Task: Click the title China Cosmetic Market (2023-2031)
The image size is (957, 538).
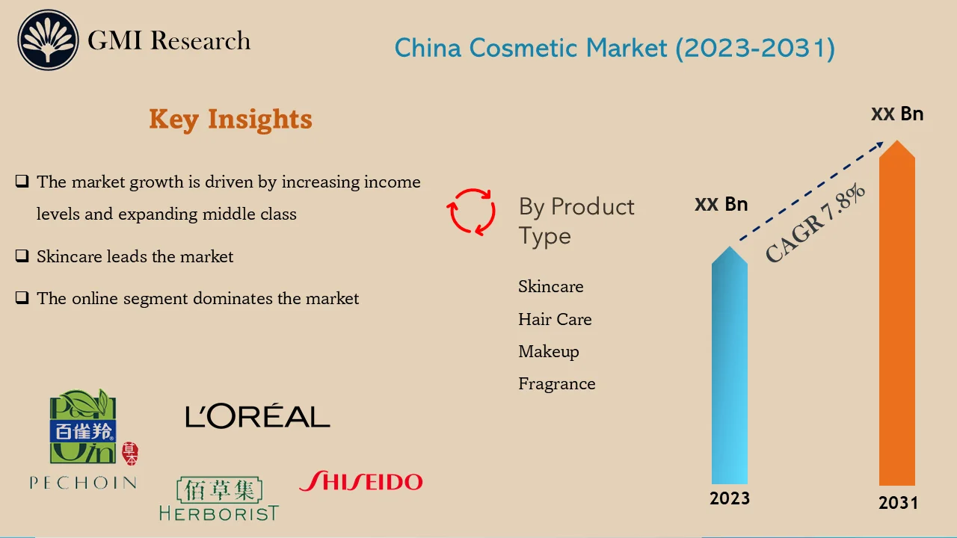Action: pyautogui.click(x=615, y=49)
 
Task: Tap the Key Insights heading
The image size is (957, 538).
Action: pyautogui.click(x=230, y=120)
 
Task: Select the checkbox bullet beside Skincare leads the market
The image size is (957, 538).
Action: pyautogui.click(x=22, y=256)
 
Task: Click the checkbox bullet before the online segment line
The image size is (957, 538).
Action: pyautogui.click(x=22, y=298)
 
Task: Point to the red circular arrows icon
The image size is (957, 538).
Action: pyautogui.click(x=472, y=211)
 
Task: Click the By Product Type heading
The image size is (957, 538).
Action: pyautogui.click(x=576, y=221)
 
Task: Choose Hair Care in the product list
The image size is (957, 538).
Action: pyautogui.click(x=555, y=320)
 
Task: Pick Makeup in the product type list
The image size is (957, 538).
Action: pyautogui.click(x=548, y=352)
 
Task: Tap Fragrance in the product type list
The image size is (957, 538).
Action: pyautogui.click(x=557, y=384)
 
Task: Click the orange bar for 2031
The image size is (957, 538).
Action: pyautogui.click(x=896, y=321)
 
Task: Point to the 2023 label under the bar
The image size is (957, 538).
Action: pyautogui.click(x=730, y=498)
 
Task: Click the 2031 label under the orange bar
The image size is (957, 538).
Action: pyautogui.click(x=898, y=503)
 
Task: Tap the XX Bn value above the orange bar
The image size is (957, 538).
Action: pyautogui.click(x=897, y=114)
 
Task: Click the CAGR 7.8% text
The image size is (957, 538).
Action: pyautogui.click(x=816, y=223)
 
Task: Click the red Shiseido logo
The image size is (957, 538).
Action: pyautogui.click(x=360, y=481)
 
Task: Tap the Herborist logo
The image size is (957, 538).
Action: pyautogui.click(x=218, y=499)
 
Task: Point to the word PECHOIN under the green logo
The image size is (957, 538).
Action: pyautogui.click(x=83, y=483)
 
